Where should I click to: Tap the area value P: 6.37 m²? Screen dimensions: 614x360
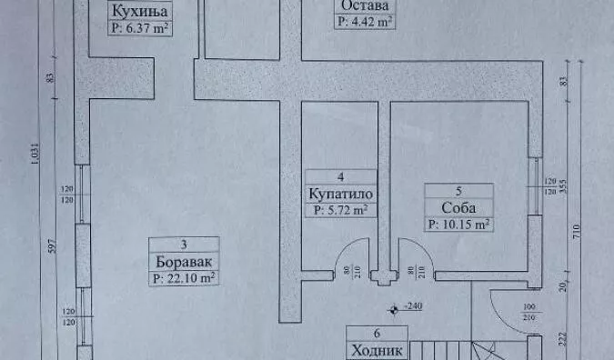click(x=140, y=28)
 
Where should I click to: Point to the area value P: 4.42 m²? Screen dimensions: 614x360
click(x=364, y=20)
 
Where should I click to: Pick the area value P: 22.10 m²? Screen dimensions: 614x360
click(x=184, y=277)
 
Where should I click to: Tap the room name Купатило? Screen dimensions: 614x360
click(x=340, y=194)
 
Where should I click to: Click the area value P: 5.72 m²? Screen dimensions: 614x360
click(x=340, y=210)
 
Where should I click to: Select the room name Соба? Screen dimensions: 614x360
click(x=458, y=206)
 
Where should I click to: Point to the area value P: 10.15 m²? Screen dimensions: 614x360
click(x=458, y=223)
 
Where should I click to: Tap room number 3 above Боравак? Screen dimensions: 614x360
click(x=184, y=244)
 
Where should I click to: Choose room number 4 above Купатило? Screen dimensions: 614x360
click(x=340, y=177)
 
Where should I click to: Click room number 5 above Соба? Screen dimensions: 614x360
click(x=458, y=190)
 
